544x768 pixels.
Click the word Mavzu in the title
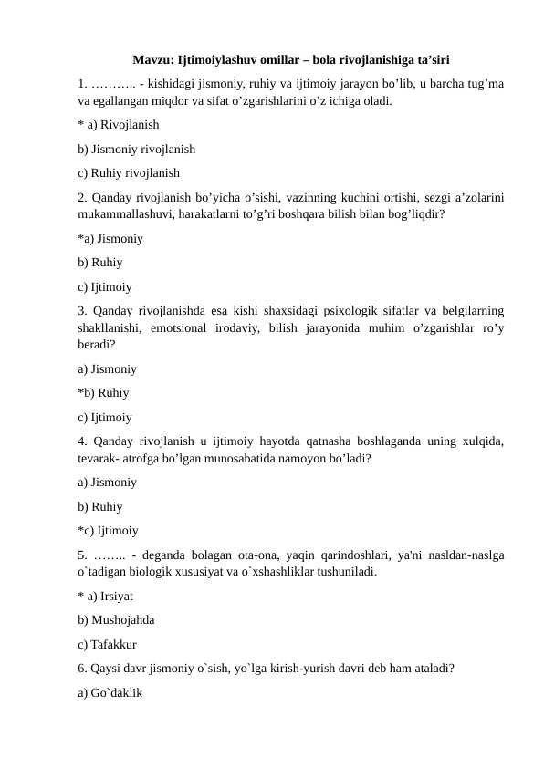coord(152,61)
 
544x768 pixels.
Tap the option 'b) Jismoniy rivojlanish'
coord(136,149)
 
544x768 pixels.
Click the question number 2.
coord(82,196)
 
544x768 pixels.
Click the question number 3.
coord(82,311)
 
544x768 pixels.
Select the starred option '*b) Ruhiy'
coord(103,393)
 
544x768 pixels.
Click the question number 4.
coord(82,441)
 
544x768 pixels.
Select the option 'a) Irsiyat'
coord(110,597)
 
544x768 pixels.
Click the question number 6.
coord(82,668)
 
